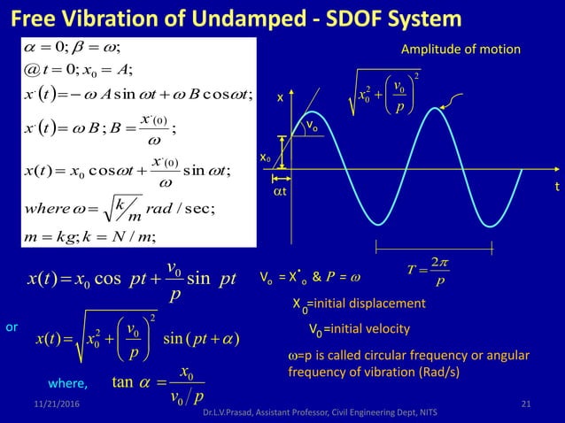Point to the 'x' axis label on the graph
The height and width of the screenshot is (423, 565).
pos(281,100)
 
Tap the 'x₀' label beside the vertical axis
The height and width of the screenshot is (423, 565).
pos(264,157)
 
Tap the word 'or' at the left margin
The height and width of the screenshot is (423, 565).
pos(12,327)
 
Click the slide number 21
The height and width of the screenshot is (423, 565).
pos(526,404)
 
